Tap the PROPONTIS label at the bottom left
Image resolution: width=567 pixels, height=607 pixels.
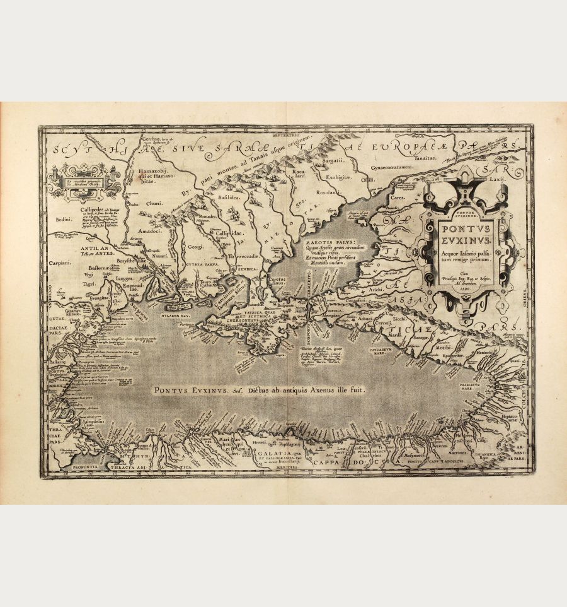[x=79, y=468]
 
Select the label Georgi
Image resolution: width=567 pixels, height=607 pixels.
[x=195, y=249]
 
